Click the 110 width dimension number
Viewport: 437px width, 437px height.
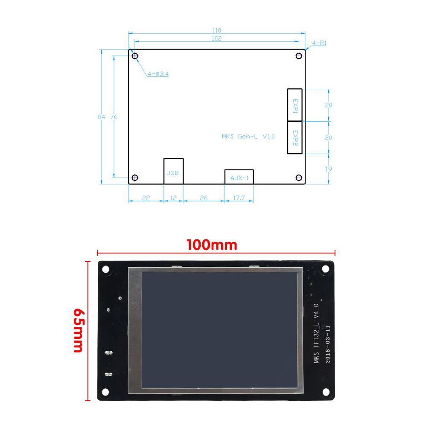216,30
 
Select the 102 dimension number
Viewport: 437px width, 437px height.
216,38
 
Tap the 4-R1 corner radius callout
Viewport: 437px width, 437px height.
319,43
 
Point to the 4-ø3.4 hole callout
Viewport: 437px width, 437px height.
158,74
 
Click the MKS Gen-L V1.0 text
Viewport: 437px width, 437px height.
248,136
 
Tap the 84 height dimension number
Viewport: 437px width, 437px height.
102,117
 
